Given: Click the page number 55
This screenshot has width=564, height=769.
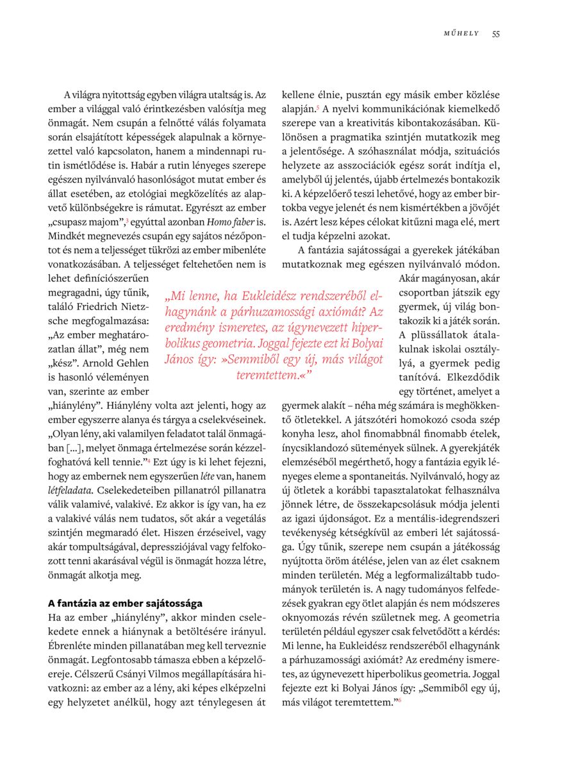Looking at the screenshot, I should pos(496,34).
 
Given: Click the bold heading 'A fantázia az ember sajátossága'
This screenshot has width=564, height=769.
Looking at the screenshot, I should pos(125,603).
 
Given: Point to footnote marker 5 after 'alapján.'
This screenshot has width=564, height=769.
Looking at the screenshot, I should pos(318,107).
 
